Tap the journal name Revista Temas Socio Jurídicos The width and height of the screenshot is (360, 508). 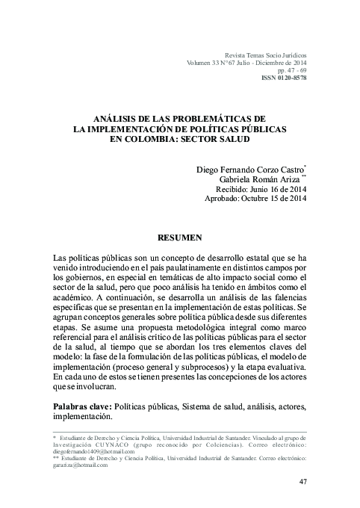tap(260, 55)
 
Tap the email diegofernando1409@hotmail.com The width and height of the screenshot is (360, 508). tap(93, 451)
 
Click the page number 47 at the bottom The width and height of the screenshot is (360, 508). tap(302, 481)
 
